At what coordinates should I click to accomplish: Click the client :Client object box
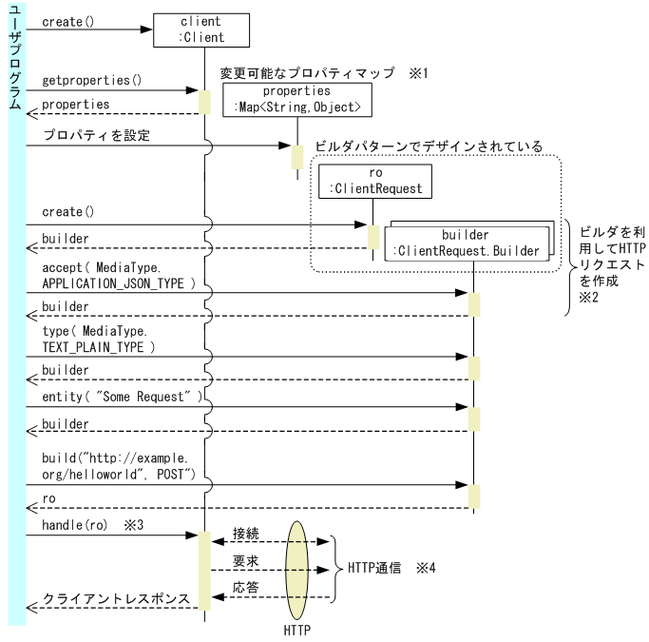click(201, 29)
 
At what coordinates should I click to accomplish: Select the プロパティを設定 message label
click(96, 136)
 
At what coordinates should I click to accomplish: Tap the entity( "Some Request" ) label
click(123, 397)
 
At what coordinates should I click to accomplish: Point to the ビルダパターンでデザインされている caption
click(429, 147)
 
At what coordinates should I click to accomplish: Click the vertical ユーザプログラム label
click(15, 57)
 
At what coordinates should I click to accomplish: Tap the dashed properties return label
click(76, 104)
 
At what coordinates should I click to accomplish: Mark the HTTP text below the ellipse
click(298, 630)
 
